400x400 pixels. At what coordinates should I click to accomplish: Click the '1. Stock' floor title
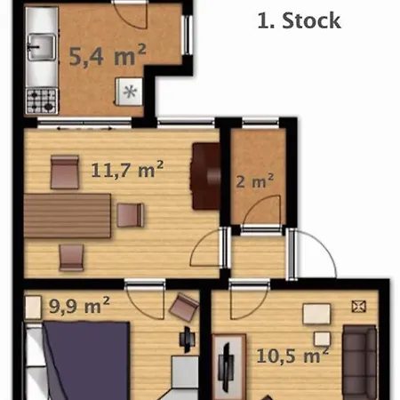tap(300, 20)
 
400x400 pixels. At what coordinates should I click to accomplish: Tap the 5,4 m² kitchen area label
tap(108, 55)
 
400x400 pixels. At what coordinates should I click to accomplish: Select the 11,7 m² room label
tap(127, 170)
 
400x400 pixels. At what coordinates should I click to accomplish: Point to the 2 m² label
tap(255, 181)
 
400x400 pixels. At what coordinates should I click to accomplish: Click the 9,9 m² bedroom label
tap(79, 306)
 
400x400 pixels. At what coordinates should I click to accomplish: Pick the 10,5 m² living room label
tap(292, 356)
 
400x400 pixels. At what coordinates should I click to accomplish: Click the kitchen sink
tap(42, 47)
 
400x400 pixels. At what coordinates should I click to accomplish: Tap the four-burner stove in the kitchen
tap(42, 101)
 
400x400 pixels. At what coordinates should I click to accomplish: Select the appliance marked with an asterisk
tap(129, 92)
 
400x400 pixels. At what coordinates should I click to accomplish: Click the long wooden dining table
tap(68, 216)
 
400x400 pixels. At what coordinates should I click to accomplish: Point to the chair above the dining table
tap(65, 172)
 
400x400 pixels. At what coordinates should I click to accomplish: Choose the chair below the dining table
tap(71, 258)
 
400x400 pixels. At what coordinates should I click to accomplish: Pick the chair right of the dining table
tap(131, 215)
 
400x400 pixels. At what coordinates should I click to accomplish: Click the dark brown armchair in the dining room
tap(206, 176)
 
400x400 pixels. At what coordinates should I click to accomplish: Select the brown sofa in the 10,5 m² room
tap(359, 363)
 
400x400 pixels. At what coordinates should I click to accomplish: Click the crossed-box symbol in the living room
tap(358, 307)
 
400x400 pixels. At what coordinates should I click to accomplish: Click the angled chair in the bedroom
tap(184, 307)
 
